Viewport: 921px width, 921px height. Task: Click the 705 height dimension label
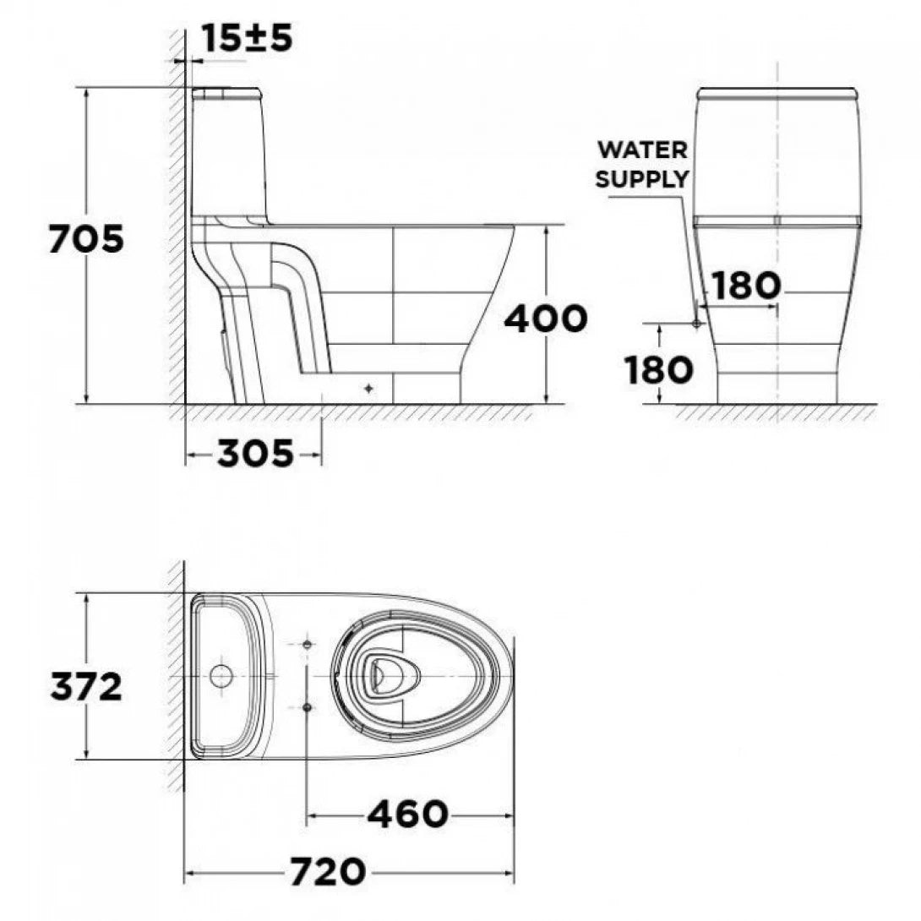(x=85, y=240)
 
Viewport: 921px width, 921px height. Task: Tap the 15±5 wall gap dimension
(x=247, y=38)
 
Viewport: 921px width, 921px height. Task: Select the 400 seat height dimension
(x=545, y=319)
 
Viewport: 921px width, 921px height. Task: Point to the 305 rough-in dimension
(x=255, y=455)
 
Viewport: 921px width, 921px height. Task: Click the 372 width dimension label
(x=85, y=687)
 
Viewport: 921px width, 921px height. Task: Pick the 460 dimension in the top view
(x=407, y=815)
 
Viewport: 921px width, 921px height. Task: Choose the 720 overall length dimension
(x=328, y=871)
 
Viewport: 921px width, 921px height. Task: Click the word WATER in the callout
(x=642, y=150)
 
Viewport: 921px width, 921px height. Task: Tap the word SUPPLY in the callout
(x=642, y=179)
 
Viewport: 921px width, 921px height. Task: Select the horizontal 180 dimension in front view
(x=744, y=286)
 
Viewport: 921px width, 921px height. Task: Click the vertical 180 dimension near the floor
(x=659, y=369)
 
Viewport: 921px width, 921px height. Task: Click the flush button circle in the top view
(x=221, y=676)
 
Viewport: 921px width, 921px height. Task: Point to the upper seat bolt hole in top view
(x=307, y=646)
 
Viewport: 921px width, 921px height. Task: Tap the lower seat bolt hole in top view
(x=307, y=706)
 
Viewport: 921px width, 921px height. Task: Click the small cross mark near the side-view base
(x=368, y=388)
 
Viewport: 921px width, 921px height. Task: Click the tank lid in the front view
(x=777, y=92)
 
